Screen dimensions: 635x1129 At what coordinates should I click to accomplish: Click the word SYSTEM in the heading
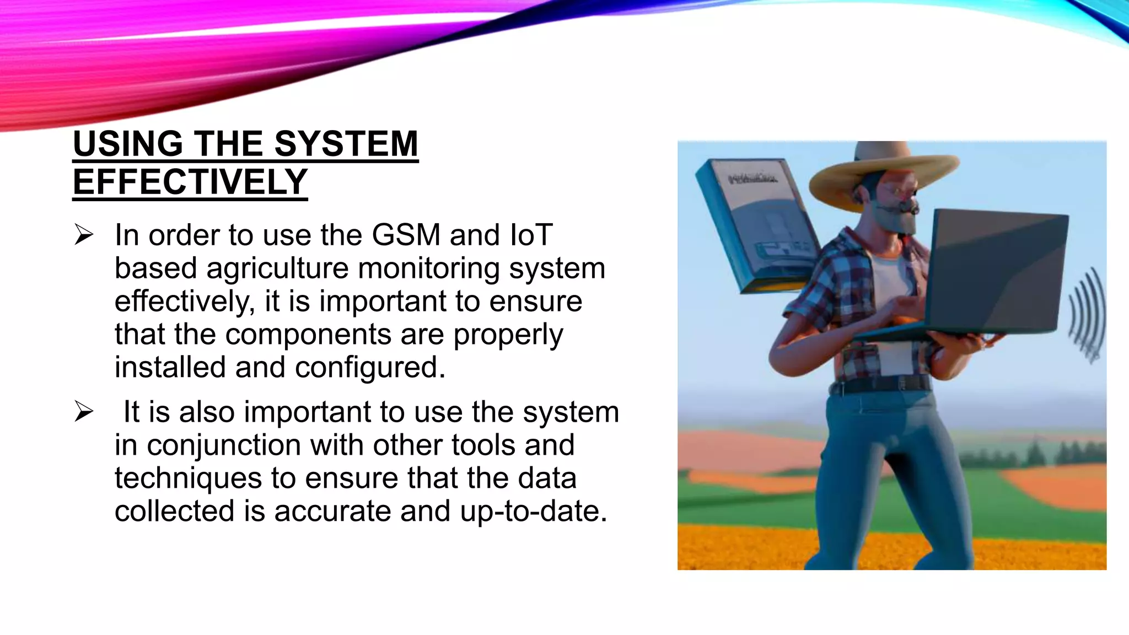point(346,144)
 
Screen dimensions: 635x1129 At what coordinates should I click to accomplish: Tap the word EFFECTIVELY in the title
point(190,182)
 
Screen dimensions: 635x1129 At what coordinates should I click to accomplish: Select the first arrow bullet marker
point(84,235)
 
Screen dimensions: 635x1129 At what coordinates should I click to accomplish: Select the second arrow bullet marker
point(84,412)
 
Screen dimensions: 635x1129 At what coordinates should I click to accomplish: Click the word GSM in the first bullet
point(406,235)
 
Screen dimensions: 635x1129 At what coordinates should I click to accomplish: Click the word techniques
point(188,478)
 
